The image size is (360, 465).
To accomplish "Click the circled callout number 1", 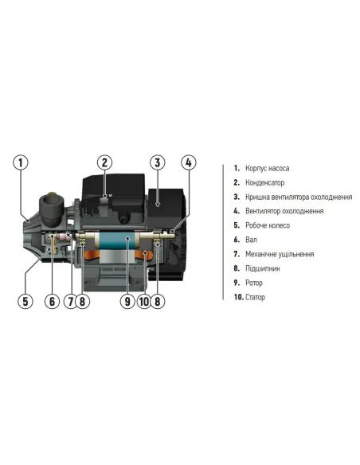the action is pyautogui.click(x=21, y=162).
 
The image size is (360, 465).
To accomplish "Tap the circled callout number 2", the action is pyautogui.click(x=104, y=162).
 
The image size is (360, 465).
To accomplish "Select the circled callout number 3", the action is pyautogui.click(x=158, y=162).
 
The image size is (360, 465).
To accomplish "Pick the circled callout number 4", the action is pyautogui.click(x=189, y=162).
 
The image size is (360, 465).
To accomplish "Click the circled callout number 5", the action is pyautogui.click(x=25, y=301).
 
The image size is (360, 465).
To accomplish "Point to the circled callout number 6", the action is pyautogui.click(x=53, y=301).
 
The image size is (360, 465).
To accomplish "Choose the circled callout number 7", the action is pyautogui.click(x=71, y=301).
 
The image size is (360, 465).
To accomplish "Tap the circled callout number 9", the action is pyautogui.click(x=127, y=301).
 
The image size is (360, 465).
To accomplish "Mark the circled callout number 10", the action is pyautogui.click(x=144, y=301).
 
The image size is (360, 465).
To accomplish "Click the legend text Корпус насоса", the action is pyautogui.click(x=267, y=168).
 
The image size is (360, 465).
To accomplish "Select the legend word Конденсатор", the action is pyautogui.click(x=264, y=182).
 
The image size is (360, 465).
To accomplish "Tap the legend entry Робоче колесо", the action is pyautogui.click(x=268, y=225).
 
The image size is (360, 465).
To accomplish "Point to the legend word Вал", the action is pyautogui.click(x=251, y=240).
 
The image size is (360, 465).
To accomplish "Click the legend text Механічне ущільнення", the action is pyautogui.click(x=280, y=254).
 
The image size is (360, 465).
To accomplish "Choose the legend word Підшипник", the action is pyautogui.click(x=263, y=268).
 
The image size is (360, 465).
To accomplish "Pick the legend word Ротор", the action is pyautogui.click(x=254, y=283).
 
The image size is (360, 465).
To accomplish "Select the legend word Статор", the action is pyautogui.click(x=255, y=297).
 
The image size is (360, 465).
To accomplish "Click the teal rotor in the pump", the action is pyautogui.click(x=117, y=240).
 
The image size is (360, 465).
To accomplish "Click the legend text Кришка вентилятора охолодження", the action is pyautogui.click(x=299, y=197).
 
